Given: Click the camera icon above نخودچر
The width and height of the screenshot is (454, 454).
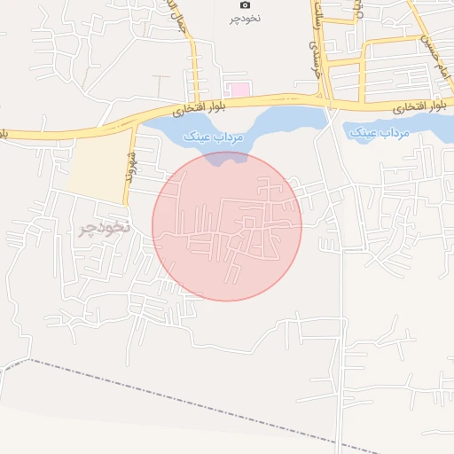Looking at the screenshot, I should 246,5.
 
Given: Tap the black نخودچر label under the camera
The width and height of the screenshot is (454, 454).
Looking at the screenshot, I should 246,18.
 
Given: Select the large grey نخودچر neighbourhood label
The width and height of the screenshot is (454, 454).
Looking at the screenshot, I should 104,228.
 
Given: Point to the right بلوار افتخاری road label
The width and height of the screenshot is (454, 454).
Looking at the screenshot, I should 419,106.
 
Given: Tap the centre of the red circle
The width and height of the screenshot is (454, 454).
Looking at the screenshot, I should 227,226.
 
